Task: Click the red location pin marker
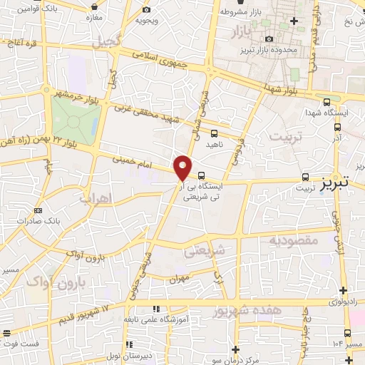coord(183,167)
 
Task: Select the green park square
coord(75,119)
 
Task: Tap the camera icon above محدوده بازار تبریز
coord(268,38)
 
